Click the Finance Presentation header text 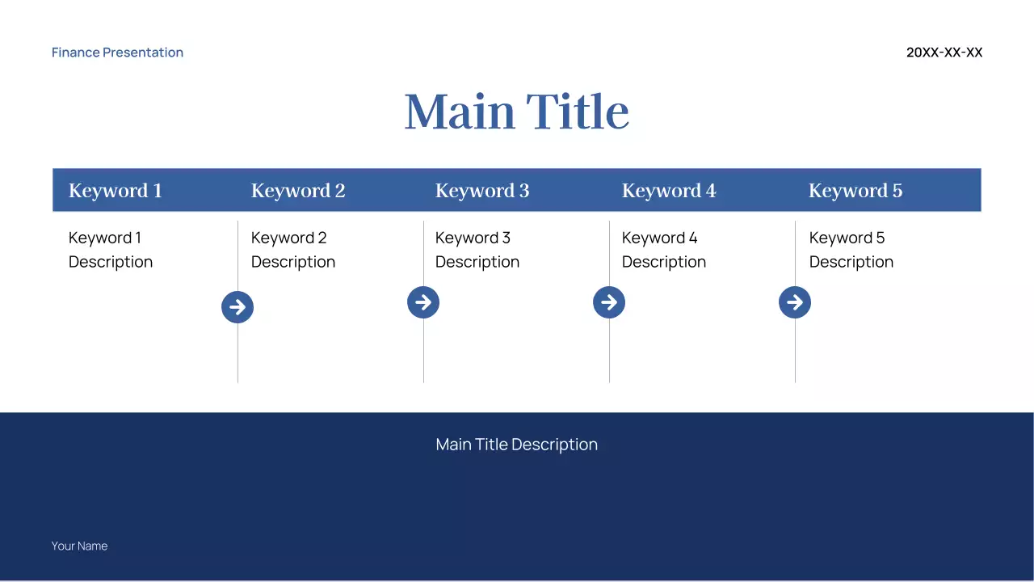click(x=117, y=53)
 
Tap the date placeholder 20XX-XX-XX click(x=944, y=53)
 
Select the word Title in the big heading click(x=578, y=112)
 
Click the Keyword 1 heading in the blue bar click(x=115, y=191)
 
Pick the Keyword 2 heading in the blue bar click(x=297, y=191)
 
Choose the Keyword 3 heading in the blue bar click(x=481, y=191)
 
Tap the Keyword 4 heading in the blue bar click(x=668, y=191)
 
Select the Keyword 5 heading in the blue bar click(x=855, y=191)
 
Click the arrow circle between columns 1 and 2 click(x=237, y=307)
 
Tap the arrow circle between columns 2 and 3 click(x=423, y=302)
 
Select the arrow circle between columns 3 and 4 click(x=609, y=302)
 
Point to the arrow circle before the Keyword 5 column click(x=795, y=302)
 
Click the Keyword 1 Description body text click(x=110, y=250)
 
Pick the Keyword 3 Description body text click(x=477, y=250)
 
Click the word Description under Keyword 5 click(x=851, y=262)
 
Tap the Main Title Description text click(x=516, y=445)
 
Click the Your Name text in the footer click(x=79, y=546)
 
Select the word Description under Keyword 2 click(x=292, y=262)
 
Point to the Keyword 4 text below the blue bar click(x=659, y=238)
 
